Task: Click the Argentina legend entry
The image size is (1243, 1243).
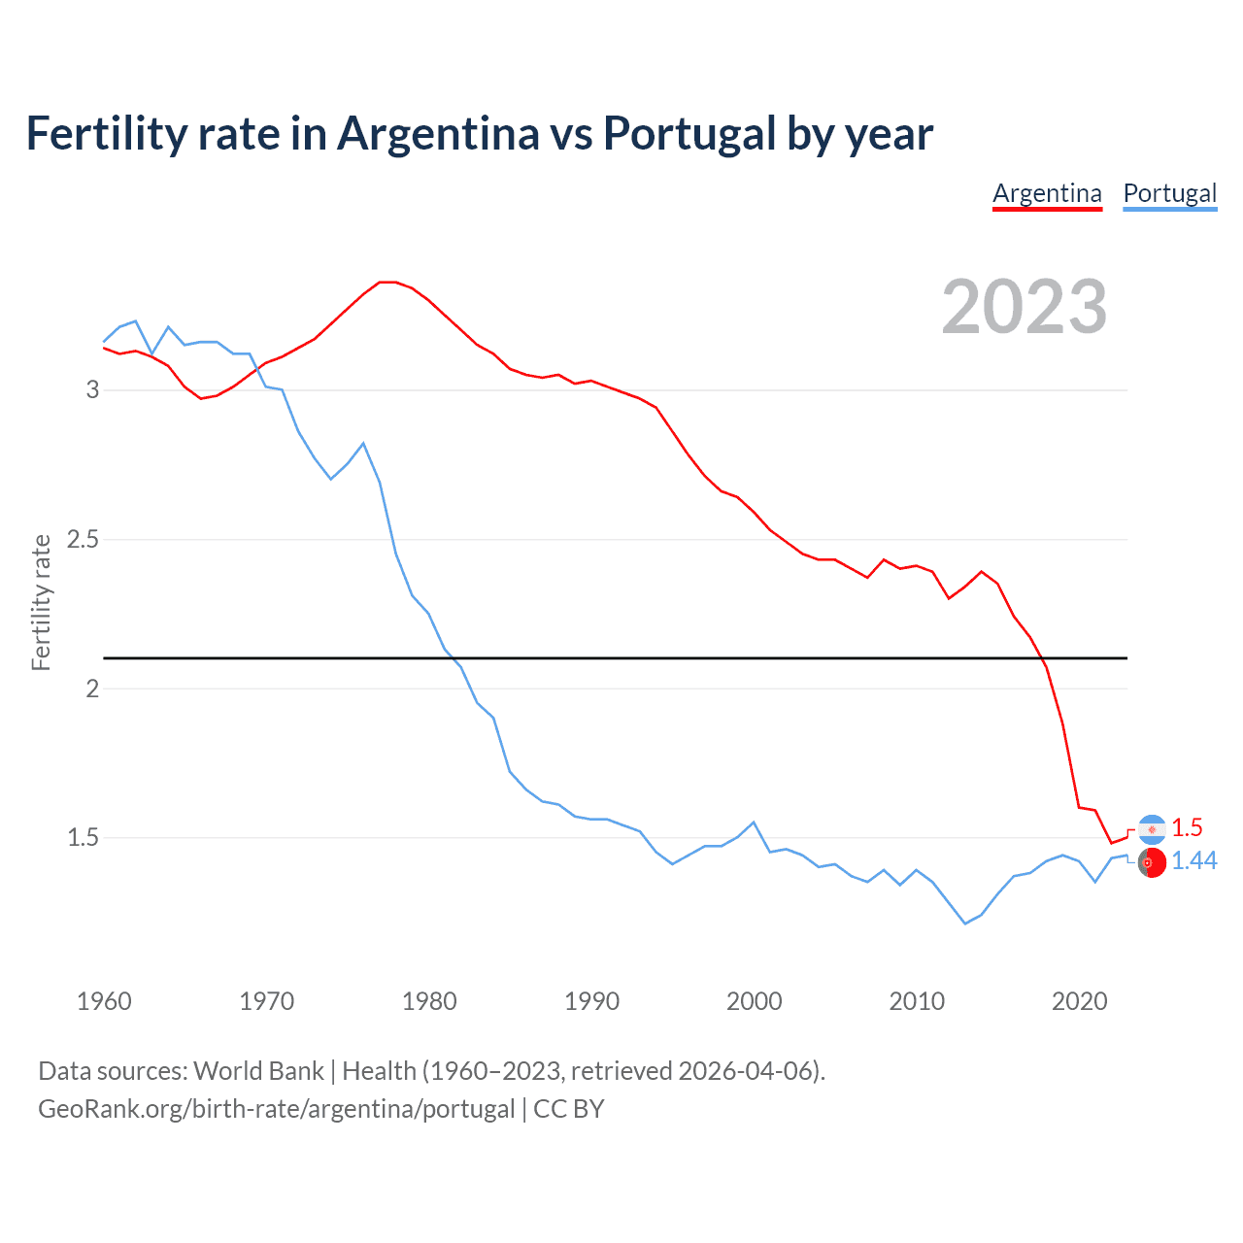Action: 1047,193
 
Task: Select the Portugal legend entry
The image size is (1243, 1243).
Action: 1169,193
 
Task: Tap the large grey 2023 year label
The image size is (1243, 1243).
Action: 1025,307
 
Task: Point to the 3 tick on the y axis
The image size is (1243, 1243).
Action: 92,389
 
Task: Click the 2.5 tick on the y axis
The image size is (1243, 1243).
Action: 83,539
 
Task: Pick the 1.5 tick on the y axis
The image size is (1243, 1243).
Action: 83,837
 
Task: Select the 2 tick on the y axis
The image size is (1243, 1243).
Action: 92,689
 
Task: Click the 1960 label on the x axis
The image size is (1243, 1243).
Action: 104,1001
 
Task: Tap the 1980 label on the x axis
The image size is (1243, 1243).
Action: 429,1001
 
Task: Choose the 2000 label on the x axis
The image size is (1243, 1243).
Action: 754,1001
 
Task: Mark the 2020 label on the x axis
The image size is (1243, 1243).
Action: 1079,1001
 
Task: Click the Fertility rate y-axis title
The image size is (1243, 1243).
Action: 41,602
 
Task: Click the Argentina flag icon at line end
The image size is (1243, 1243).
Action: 1152,828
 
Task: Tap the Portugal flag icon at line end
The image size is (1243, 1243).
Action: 1152,862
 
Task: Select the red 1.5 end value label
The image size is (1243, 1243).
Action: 1187,827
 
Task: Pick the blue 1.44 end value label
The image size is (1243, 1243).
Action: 1194,861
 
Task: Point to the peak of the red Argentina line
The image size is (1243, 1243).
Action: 387,282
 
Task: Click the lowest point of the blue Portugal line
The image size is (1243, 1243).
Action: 965,924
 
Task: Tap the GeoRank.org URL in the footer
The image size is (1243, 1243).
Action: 277,1109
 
